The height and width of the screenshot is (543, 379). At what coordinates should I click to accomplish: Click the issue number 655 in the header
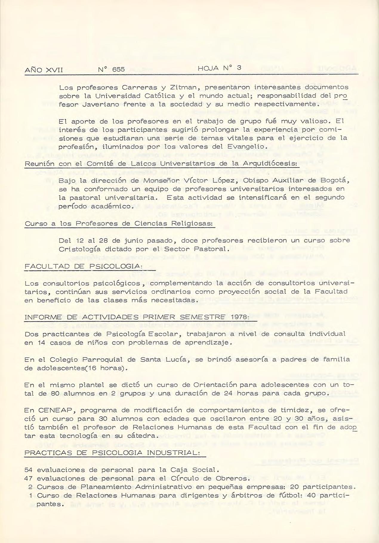click(x=118, y=70)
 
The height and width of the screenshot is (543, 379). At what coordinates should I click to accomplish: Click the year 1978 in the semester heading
click(x=237, y=317)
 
